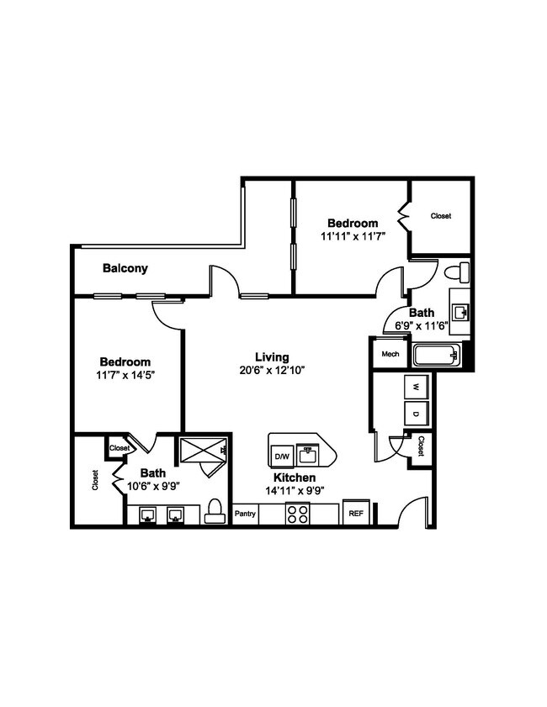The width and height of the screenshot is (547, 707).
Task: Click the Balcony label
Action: (x=125, y=269)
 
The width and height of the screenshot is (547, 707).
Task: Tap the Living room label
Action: (x=273, y=356)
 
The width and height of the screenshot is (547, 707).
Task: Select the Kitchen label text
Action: (x=295, y=477)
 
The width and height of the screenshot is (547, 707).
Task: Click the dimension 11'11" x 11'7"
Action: (x=353, y=237)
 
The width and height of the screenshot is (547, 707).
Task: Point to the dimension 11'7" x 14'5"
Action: (x=126, y=375)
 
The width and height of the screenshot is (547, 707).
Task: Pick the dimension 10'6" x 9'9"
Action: (x=154, y=486)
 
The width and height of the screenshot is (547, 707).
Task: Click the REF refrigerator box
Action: (x=356, y=513)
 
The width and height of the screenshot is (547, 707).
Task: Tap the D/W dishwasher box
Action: (x=281, y=456)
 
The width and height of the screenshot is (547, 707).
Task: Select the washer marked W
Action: (x=416, y=387)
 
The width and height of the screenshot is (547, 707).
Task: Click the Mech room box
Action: (x=390, y=354)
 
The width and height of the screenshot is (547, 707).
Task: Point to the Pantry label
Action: (x=245, y=514)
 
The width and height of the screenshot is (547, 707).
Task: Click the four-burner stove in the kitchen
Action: (x=298, y=513)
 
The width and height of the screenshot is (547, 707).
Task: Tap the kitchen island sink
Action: (x=307, y=455)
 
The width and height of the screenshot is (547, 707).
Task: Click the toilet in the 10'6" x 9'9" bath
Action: (x=215, y=512)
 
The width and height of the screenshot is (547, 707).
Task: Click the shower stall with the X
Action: (x=204, y=452)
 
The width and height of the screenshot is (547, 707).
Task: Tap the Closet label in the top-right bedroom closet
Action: (x=441, y=216)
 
